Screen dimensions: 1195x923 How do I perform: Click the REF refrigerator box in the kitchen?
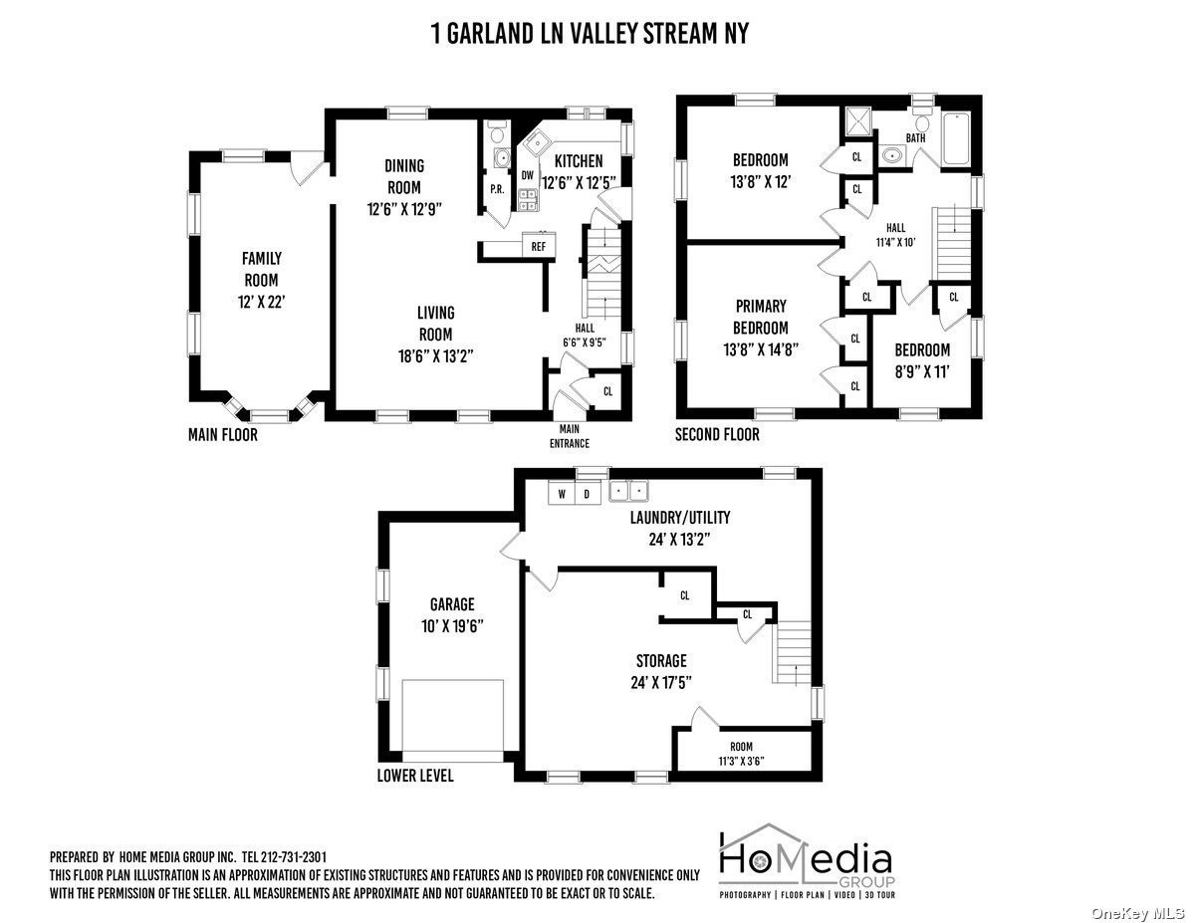(x=539, y=246)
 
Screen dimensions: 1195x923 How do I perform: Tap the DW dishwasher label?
(x=528, y=175)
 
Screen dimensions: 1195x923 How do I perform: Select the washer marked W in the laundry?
(x=562, y=493)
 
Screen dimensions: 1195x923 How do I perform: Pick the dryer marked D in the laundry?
(x=587, y=493)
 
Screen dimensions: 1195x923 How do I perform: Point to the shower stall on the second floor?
(x=856, y=121)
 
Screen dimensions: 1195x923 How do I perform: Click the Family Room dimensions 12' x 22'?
(x=261, y=302)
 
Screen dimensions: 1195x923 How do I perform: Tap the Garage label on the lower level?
(x=452, y=604)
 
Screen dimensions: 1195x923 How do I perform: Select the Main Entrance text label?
(x=570, y=436)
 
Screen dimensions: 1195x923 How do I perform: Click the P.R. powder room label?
(x=497, y=189)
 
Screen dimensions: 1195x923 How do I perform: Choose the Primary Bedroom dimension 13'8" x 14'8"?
(x=761, y=349)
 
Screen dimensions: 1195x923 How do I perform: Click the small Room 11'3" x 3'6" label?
(x=741, y=754)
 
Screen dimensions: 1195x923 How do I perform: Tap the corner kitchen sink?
(x=534, y=144)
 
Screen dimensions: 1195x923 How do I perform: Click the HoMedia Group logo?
(x=807, y=861)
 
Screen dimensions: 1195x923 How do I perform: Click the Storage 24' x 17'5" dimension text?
(x=661, y=683)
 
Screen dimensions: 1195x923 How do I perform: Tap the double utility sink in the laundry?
(x=628, y=490)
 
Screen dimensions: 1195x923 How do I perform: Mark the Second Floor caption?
(x=717, y=435)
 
